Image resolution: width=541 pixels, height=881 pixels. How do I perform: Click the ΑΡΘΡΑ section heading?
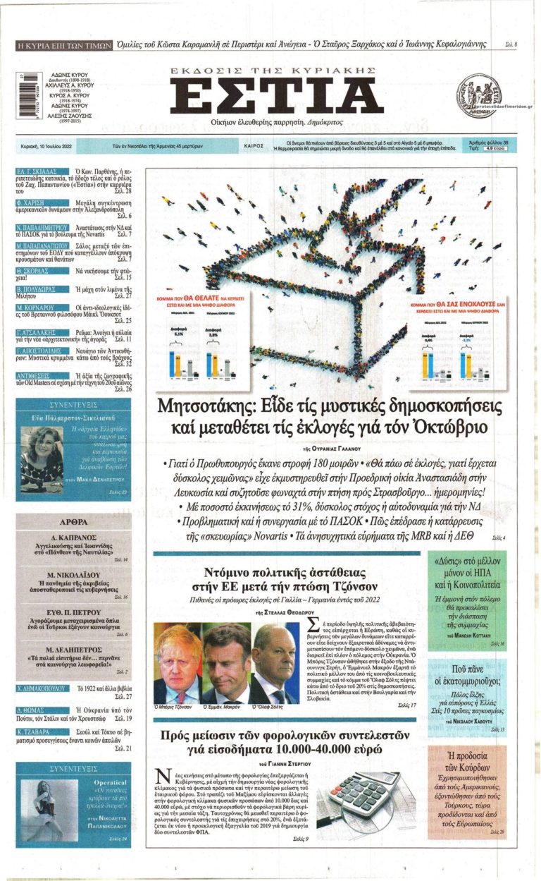click(73, 523)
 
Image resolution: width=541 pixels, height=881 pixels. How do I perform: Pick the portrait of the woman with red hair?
click(44, 458)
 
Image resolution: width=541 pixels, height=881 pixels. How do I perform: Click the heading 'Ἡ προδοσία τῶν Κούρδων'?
click(467, 762)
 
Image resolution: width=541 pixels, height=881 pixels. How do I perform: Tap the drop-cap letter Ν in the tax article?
click(161, 777)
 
